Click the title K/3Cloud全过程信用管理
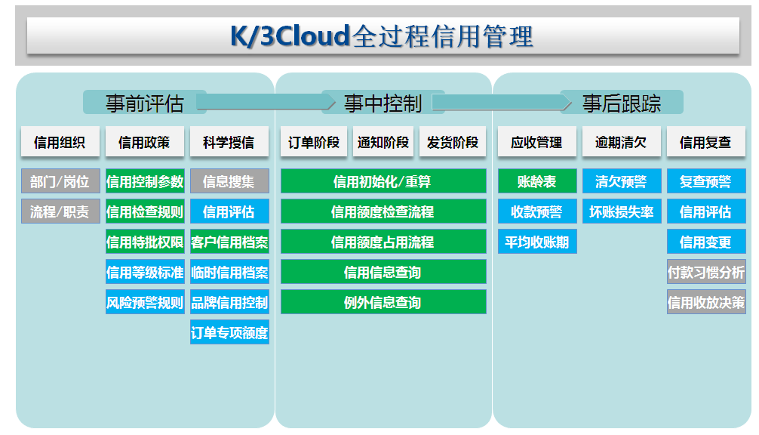382,36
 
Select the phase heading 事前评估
145,103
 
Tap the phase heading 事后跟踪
622,103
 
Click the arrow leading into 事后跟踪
502,102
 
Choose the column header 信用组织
60,142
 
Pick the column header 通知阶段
383,142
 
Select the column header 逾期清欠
621,142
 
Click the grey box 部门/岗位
60,181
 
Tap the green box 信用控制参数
145,181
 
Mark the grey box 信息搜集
229,181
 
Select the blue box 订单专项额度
229,332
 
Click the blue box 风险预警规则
145,302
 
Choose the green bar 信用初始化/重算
383,181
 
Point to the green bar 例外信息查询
383,302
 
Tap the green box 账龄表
537,181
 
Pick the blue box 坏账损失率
622,211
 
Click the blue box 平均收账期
537,241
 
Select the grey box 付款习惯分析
706,272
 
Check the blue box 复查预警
706,181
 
